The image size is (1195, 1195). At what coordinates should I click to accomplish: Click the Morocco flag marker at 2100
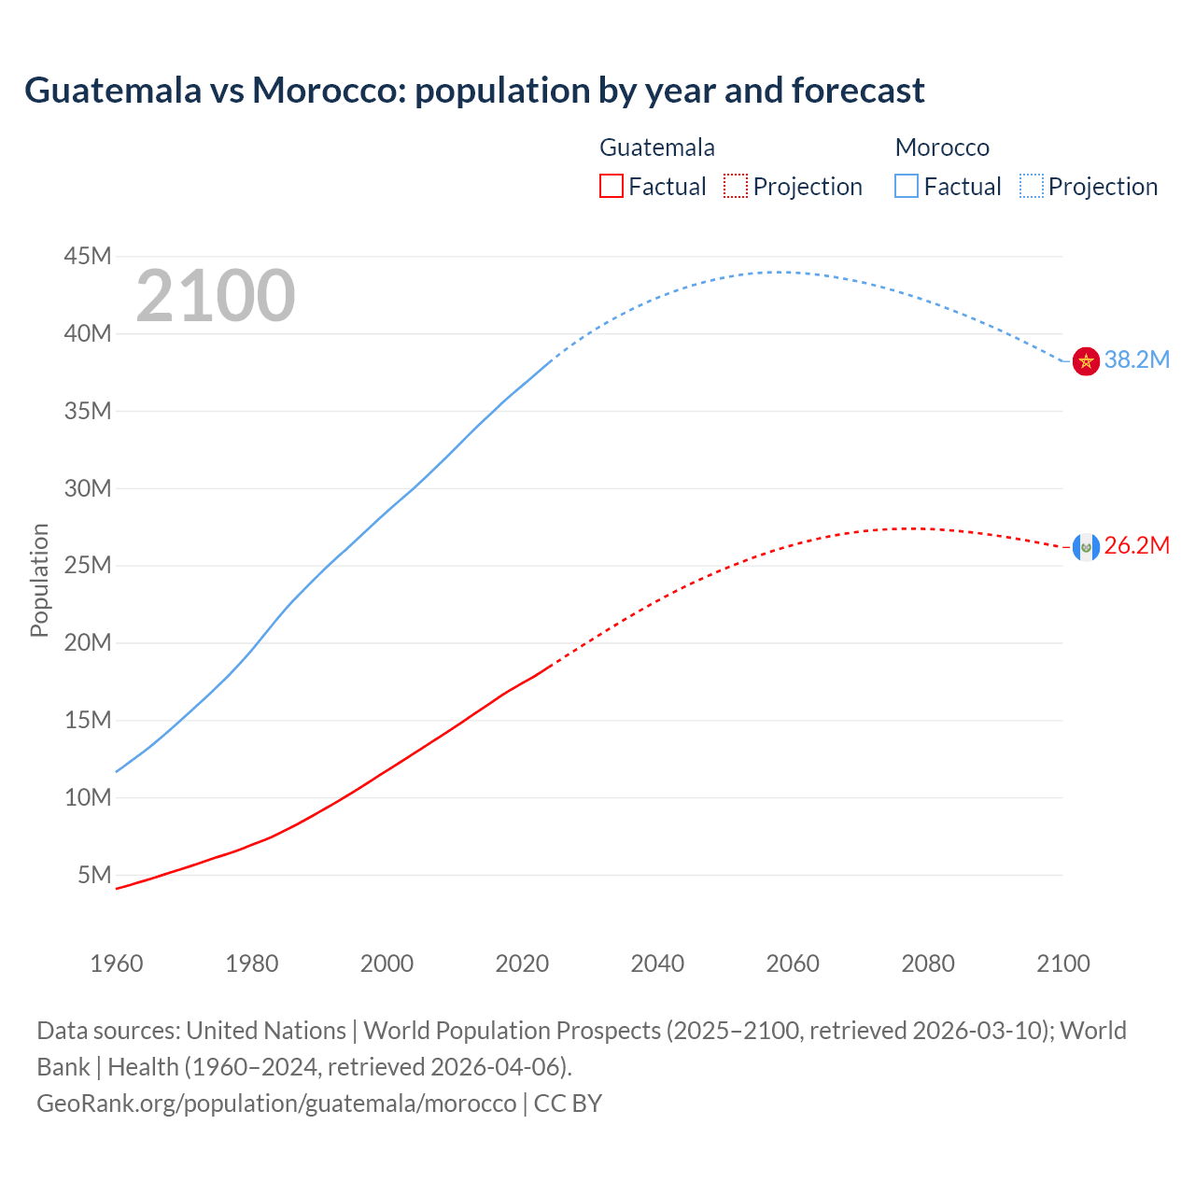click(x=1086, y=360)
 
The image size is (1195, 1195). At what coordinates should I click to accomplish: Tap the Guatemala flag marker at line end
click(x=1086, y=547)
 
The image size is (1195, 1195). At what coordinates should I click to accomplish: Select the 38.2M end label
click(x=1136, y=360)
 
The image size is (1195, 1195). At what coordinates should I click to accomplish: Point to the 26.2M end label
click(x=1136, y=546)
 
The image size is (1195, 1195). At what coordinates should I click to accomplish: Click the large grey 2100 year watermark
click(x=216, y=296)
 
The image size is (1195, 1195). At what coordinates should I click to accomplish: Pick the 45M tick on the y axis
click(x=88, y=257)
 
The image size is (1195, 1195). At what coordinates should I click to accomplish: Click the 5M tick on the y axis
click(x=94, y=875)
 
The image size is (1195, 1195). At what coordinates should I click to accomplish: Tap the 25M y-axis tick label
click(x=88, y=566)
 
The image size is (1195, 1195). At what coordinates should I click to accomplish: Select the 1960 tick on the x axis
click(x=117, y=963)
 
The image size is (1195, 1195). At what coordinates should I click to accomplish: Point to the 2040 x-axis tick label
click(x=657, y=963)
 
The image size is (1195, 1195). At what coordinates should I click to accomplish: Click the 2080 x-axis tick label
click(x=928, y=963)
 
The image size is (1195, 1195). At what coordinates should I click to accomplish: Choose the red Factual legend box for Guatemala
click(x=612, y=187)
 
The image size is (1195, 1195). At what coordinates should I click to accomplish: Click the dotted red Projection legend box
click(x=736, y=187)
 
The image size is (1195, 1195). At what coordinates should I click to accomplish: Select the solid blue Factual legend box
click(x=907, y=187)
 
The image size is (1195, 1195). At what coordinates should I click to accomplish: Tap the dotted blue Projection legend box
click(x=1031, y=187)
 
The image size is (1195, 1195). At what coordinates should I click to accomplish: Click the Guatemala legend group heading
click(x=657, y=148)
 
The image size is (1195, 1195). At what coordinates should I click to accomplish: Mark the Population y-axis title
click(x=39, y=580)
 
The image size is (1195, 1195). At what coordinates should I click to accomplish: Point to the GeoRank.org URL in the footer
click(x=276, y=1104)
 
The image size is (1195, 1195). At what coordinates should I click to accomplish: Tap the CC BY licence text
click(x=568, y=1104)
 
